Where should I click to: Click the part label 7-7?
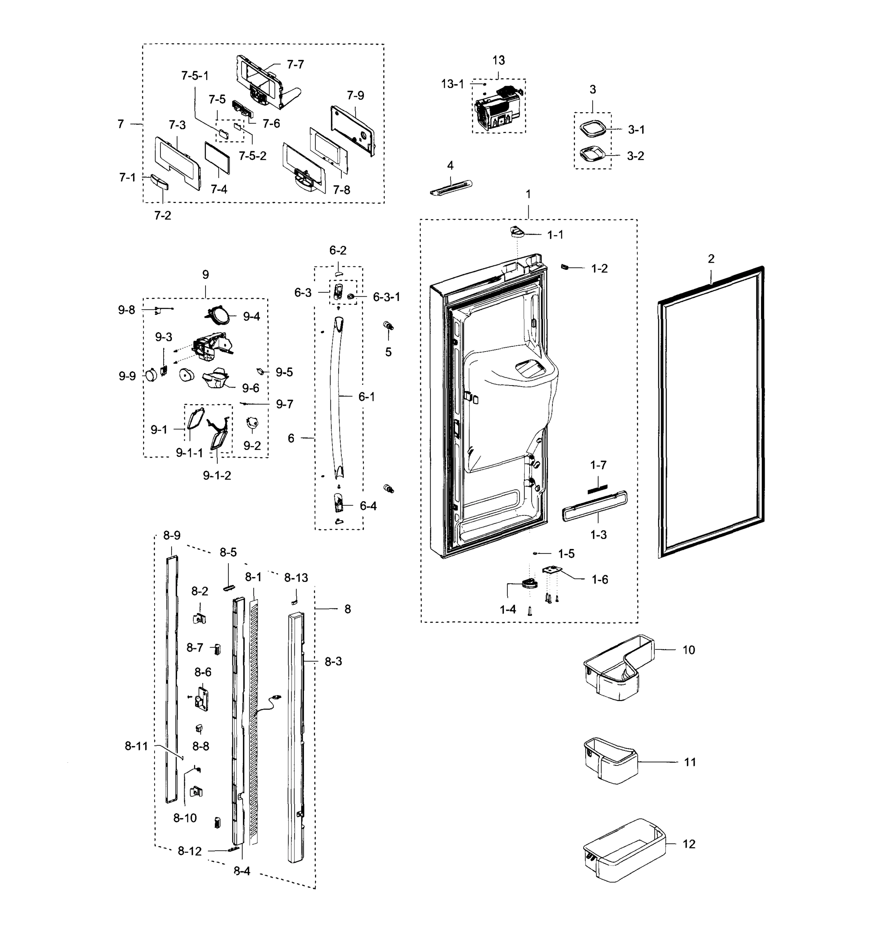pos(295,64)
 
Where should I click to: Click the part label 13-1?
pos(452,85)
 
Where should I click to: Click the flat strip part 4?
pos(450,187)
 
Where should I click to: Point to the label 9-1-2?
pos(217,476)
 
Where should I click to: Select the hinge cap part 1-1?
pos(516,232)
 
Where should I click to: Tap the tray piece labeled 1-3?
pos(594,506)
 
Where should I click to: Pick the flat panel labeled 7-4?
pos(217,157)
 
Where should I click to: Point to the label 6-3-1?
pos(386,297)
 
